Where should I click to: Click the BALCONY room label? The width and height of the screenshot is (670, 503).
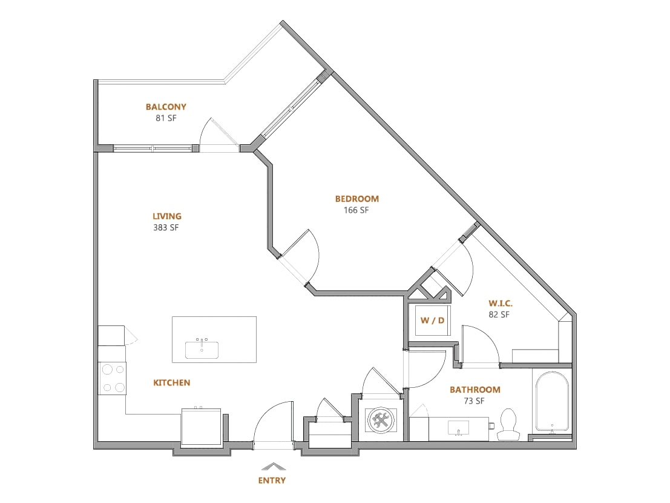pyautogui.click(x=166, y=107)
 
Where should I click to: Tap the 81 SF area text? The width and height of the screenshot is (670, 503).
pyautogui.click(x=166, y=118)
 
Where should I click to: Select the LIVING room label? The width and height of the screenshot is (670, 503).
pyautogui.click(x=167, y=216)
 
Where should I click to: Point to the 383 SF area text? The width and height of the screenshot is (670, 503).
pyautogui.click(x=166, y=227)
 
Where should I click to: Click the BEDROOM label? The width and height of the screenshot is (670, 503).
pyautogui.click(x=357, y=199)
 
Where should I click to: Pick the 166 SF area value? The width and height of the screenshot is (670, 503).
pyautogui.click(x=356, y=210)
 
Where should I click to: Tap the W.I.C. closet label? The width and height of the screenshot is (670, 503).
pyautogui.click(x=501, y=303)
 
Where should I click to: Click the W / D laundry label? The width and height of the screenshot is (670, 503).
pyautogui.click(x=432, y=321)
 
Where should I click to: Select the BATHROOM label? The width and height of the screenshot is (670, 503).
pyautogui.click(x=475, y=390)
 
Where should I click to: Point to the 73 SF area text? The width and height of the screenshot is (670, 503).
pyautogui.click(x=475, y=401)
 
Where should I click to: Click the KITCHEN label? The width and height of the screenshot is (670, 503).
pyautogui.click(x=172, y=383)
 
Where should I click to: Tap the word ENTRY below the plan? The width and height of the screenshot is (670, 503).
pyautogui.click(x=272, y=481)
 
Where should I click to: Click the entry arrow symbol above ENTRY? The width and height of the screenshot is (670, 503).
pyautogui.click(x=274, y=466)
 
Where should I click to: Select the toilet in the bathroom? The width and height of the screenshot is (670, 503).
pyautogui.click(x=508, y=424)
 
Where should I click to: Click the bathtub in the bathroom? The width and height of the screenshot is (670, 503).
pyautogui.click(x=553, y=402)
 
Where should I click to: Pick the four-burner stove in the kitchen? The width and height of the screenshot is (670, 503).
pyautogui.click(x=113, y=378)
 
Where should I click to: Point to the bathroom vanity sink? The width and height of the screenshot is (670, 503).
pyautogui.click(x=458, y=427)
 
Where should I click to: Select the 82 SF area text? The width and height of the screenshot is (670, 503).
pyautogui.click(x=499, y=315)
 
